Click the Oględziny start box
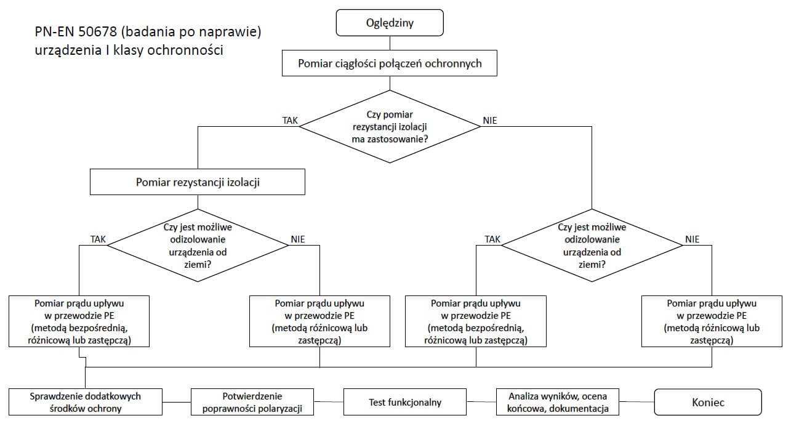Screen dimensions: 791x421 390,23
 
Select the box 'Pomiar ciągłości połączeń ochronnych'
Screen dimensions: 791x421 390,63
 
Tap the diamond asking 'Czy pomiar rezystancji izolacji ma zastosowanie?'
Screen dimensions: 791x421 390,126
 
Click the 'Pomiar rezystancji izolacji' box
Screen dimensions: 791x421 198,182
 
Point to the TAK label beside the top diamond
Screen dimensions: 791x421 290,121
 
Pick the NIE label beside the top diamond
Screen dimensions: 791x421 490,121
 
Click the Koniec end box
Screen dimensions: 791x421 708,402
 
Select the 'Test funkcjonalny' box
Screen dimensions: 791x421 404,402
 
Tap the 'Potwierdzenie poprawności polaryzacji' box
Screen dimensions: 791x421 252,402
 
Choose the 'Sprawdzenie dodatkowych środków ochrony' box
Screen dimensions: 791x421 86,402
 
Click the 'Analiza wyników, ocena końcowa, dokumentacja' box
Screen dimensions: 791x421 558,402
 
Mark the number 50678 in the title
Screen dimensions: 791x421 97,32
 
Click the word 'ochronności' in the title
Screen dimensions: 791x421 185,50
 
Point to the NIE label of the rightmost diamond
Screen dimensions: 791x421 692,239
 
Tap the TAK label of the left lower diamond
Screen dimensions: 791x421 98,239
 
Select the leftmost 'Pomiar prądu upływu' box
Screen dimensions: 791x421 79,321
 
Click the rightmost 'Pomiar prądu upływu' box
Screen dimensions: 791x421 712,321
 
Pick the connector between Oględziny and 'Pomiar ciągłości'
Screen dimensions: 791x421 390,43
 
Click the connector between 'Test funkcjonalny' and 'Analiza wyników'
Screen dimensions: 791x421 481,401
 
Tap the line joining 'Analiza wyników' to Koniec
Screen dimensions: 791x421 636,401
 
